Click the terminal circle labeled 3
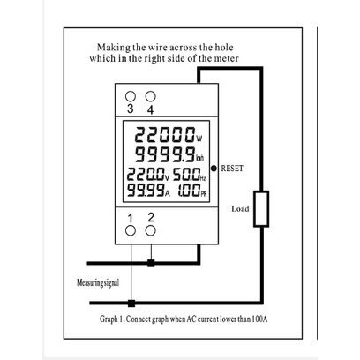(131, 96)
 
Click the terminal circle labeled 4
(151, 96)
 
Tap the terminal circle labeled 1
(131, 230)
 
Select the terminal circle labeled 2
(151, 230)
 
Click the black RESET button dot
(214, 169)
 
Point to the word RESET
(232, 169)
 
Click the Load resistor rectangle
(261, 209)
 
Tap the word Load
(240, 209)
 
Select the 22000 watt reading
(169, 135)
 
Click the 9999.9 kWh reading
(169, 154)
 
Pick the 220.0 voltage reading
(148, 175)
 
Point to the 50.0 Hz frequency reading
(189, 175)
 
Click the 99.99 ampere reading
(148, 191)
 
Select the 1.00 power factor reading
(192, 191)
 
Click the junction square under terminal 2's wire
(151, 263)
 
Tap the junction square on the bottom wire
(131, 304)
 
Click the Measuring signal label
(98, 283)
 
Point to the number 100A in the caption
(259, 319)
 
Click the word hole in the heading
(224, 48)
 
